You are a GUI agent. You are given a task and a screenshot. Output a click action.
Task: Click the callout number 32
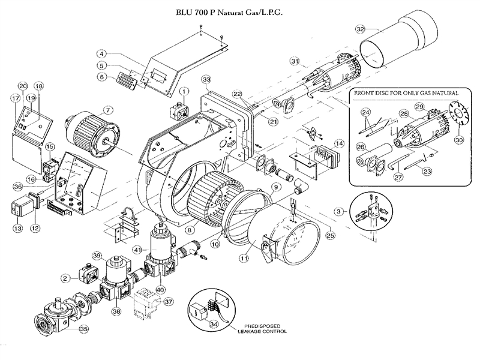[x=359, y=28]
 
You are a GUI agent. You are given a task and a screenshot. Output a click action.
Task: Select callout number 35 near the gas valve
[x=83, y=329]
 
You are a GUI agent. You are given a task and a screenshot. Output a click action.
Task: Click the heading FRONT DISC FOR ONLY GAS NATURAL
[x=406, y=94]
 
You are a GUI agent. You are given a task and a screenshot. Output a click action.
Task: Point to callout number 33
[x=206, y=80]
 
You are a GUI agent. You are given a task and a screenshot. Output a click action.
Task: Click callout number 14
[x=340, y=143]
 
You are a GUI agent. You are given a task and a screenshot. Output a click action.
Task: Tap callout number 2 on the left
[x=65, y=277]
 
